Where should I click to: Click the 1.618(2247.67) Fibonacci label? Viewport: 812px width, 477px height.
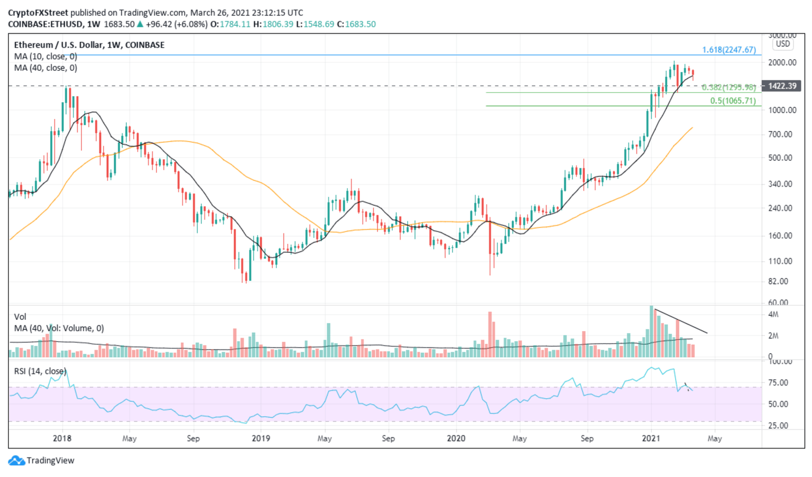pos(728,50)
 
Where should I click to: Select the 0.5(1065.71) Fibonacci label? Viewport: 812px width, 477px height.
pos(733,100)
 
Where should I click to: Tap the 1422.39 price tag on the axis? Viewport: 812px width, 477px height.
pos(782,86)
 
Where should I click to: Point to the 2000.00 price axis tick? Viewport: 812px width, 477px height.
pos(782,62)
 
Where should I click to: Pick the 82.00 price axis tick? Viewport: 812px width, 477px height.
pos(782,281)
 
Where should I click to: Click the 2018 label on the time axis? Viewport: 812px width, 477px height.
pos(62,438)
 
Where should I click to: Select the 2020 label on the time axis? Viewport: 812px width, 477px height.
pos(456,438)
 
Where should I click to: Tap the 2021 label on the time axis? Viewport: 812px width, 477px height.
pos(651,438)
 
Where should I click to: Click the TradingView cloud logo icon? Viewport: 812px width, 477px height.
pos(16,461)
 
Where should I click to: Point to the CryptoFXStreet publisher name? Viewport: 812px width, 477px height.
pos(38,13)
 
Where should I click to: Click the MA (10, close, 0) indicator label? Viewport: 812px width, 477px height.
pos(45,57)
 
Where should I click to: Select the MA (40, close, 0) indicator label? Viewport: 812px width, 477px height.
pos(45,68)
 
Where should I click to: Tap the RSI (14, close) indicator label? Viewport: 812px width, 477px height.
pos(40,371)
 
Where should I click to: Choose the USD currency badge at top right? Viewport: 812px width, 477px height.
pos(783,44)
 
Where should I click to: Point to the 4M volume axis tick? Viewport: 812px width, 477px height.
pos(773,315)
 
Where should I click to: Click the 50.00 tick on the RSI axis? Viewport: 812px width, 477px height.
pos(778,404)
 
